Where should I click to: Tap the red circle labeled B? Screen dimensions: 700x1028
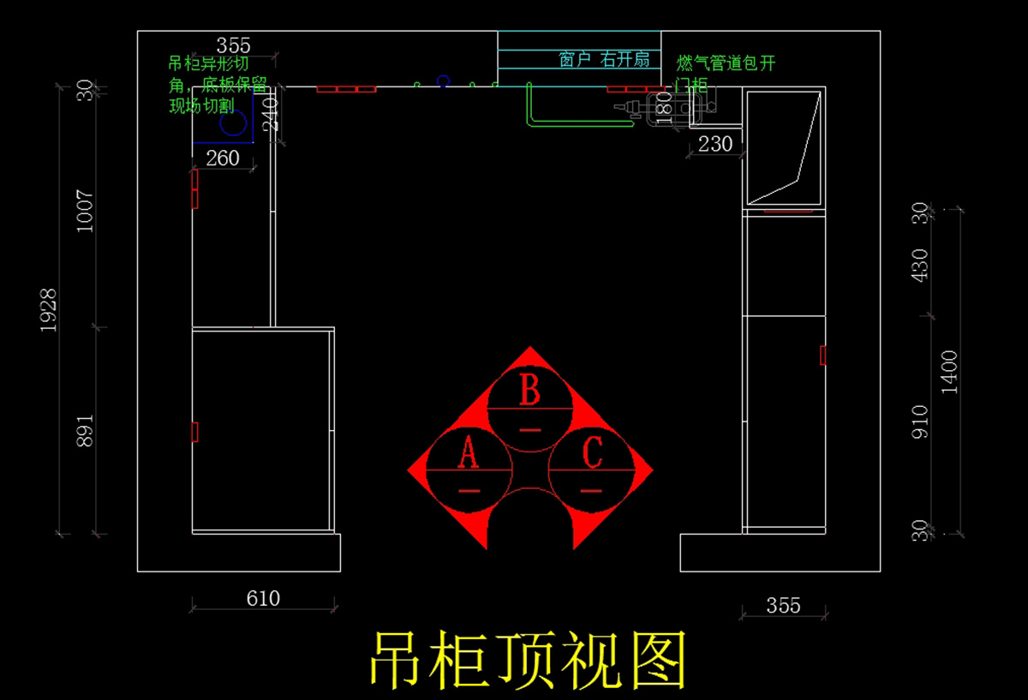(529, 406)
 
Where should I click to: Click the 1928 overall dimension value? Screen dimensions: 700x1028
(49, 310)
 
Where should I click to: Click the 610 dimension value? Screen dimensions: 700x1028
(263, 598)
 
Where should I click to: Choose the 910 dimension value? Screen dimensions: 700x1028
(920, 422)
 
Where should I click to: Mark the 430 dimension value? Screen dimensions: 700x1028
(920, 266)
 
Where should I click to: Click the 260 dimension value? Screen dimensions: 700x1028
(224, 158)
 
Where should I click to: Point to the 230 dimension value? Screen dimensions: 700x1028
(715, 144)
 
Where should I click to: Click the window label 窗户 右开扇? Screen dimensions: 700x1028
(604, 59)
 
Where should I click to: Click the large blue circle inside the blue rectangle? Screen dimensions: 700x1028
(233, 123)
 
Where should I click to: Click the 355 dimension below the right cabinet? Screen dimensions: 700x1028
(783, 606)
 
